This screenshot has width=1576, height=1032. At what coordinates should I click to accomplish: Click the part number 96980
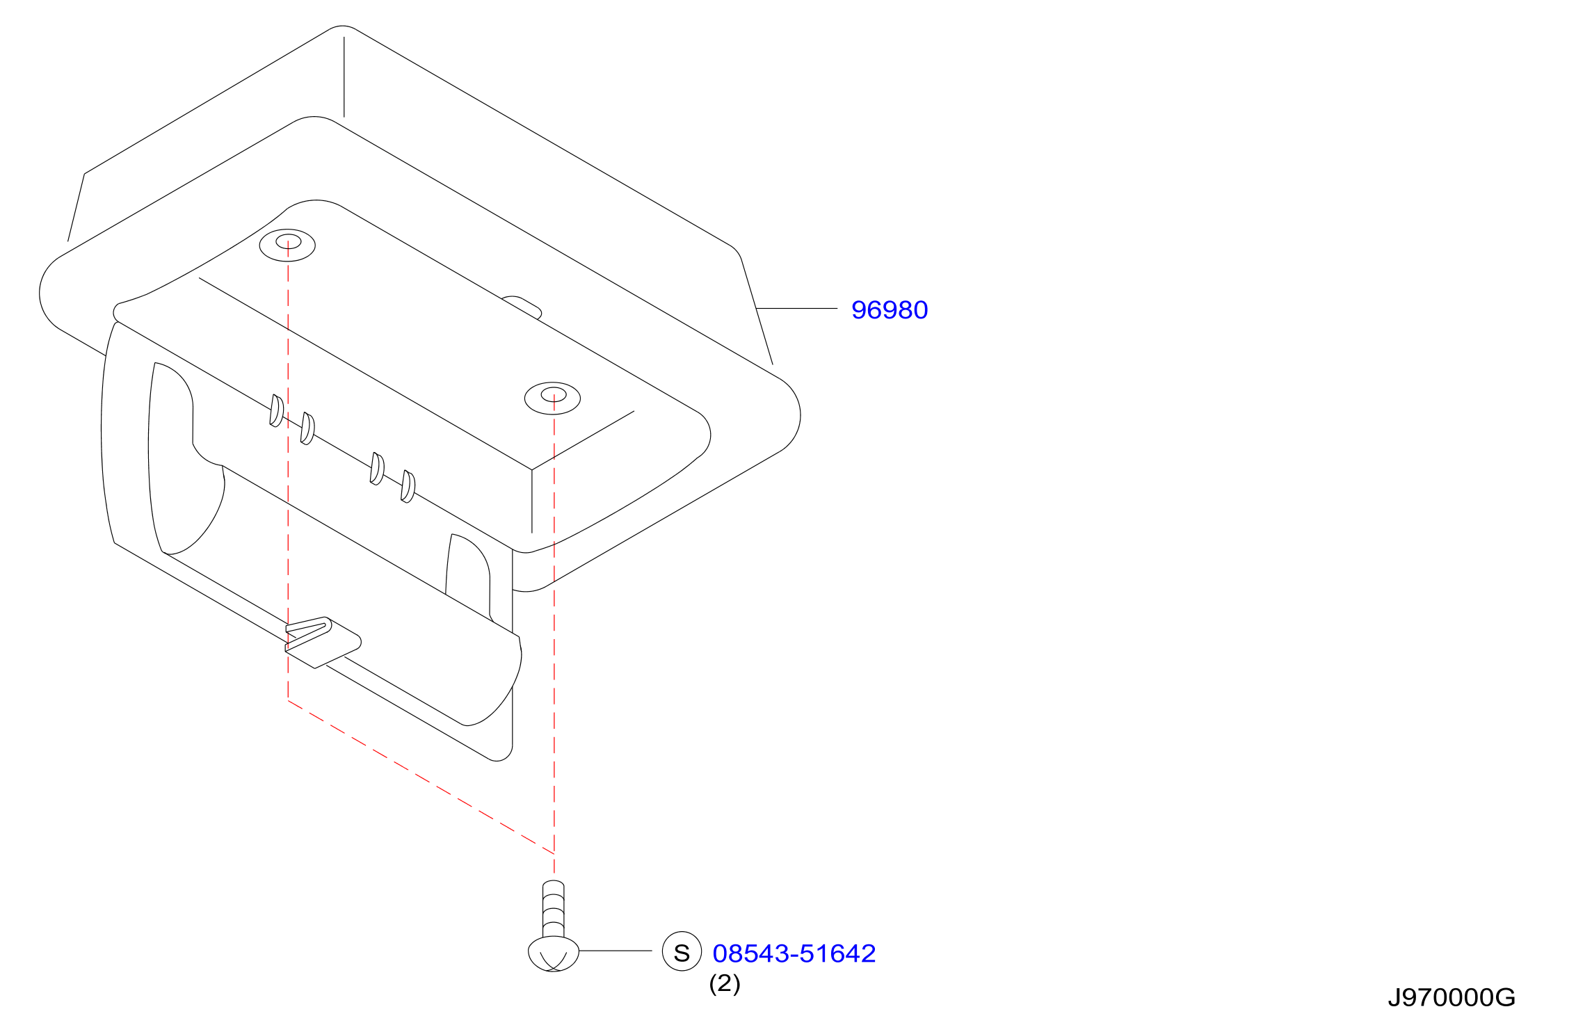[890, 310]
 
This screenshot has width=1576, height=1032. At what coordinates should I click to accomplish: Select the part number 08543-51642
[794, 953]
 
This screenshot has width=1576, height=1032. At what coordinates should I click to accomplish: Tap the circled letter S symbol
[682, 951]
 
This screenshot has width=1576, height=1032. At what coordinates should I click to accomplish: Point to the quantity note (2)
[725, 984]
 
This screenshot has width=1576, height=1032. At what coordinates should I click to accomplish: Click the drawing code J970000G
[1452, 998]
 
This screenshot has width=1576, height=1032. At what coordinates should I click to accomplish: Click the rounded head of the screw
[554, 953]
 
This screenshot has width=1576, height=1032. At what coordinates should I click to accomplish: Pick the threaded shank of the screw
[554, 908]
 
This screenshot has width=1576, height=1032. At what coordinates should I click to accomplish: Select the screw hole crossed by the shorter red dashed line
[287, 245]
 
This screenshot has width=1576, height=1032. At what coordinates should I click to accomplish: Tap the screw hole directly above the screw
[553, 398]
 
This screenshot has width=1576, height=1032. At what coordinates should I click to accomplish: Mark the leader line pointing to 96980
[797, 308]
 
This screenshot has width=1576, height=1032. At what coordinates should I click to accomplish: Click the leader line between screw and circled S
[616, 951]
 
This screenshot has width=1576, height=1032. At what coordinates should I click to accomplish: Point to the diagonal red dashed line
[421, 776]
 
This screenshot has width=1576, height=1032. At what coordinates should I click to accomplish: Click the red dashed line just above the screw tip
[554, 863]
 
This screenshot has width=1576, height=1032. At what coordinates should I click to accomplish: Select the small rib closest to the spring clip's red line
[276, 410]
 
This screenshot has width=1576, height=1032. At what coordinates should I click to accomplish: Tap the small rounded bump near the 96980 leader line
[522, 307]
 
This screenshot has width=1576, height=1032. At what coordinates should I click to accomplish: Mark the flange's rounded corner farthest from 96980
[52, 292]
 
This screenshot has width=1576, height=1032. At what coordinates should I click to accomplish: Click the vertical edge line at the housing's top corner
[344, 76]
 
